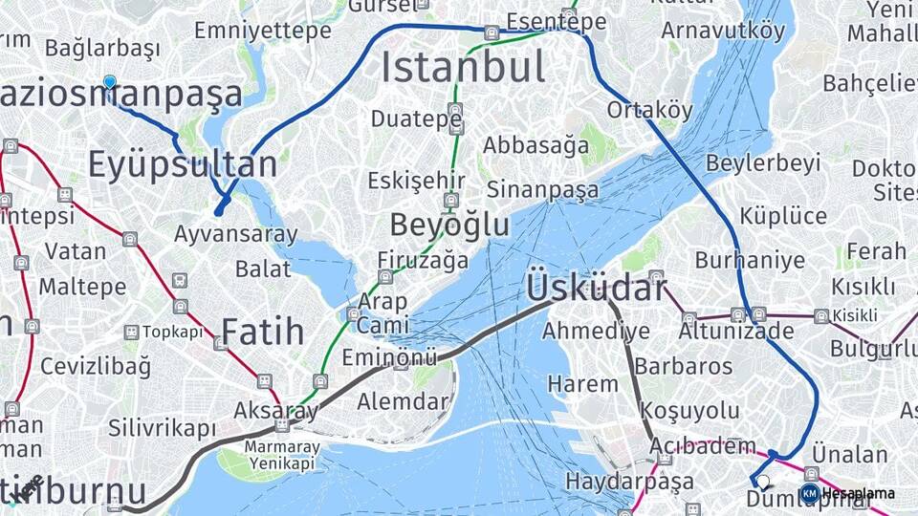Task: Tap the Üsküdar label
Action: [595, 287]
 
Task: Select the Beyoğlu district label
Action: [449, 225]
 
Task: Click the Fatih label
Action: [263, 333]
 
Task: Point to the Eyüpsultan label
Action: [183, 164]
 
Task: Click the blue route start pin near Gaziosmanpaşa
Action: [109, 83]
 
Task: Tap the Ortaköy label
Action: [649, 110]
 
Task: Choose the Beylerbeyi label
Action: [763, 162]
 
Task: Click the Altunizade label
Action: [736, 332]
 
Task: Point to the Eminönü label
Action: [389, 358]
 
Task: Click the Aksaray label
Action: [275, 411]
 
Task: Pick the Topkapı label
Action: [173, 333]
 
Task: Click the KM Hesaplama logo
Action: [847, 493]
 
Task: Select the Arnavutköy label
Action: [723, 31]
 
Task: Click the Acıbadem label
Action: [704, 446]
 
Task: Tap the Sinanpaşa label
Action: [542, 188]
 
